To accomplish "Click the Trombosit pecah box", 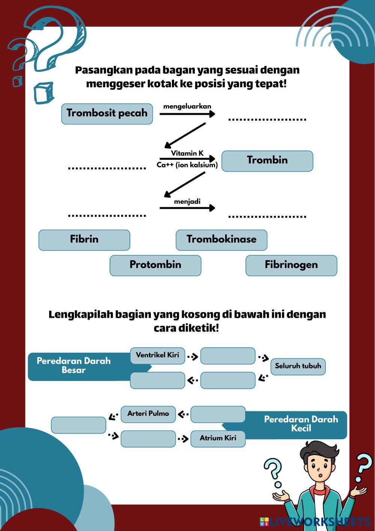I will click(x=107, y=114).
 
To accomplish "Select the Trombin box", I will click(x=267, y=161).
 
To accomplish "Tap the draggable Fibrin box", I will click(x=84, y=240).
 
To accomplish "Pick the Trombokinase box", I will click(x=221, y=240).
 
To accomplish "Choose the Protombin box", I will click(x=155, y=265).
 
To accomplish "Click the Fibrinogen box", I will click(x=291, y=265).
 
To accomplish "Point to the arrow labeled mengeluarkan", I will click(x=187, y=114).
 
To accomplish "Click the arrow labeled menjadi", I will click(x=187, y=208).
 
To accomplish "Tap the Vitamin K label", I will click(x=187, y=153).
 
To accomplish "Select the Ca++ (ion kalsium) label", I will click(x=187, y=165).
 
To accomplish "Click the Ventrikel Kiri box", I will click(x=158, y=355).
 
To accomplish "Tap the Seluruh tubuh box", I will click(x=298, y=366).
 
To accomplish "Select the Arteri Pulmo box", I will click(x=148, y=414).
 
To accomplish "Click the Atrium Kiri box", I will click(x=218, y=438).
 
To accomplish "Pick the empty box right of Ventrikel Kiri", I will click(x=228, y=356).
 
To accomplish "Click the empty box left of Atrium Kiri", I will click(x=148, y=438).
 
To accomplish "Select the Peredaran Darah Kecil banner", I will click(x=300, y=424).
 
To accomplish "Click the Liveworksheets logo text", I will click(x=319, y=522).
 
